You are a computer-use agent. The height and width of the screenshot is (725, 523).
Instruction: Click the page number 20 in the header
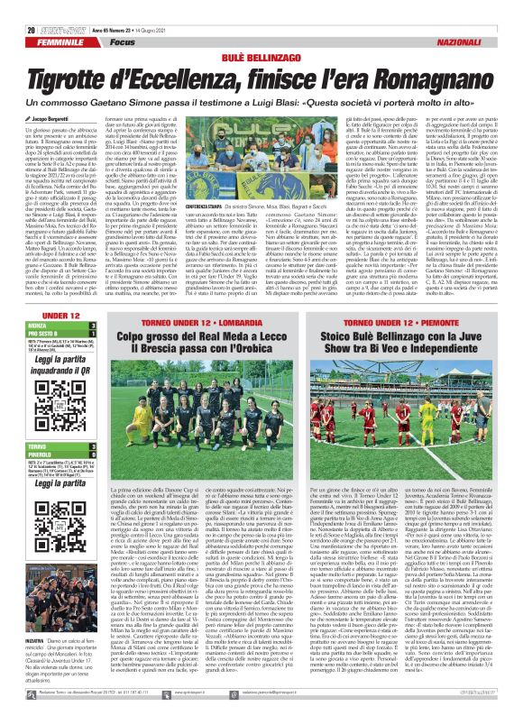click(x=20, y=7)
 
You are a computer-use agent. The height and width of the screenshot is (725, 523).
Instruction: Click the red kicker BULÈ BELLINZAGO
click(x=261, y=32)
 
